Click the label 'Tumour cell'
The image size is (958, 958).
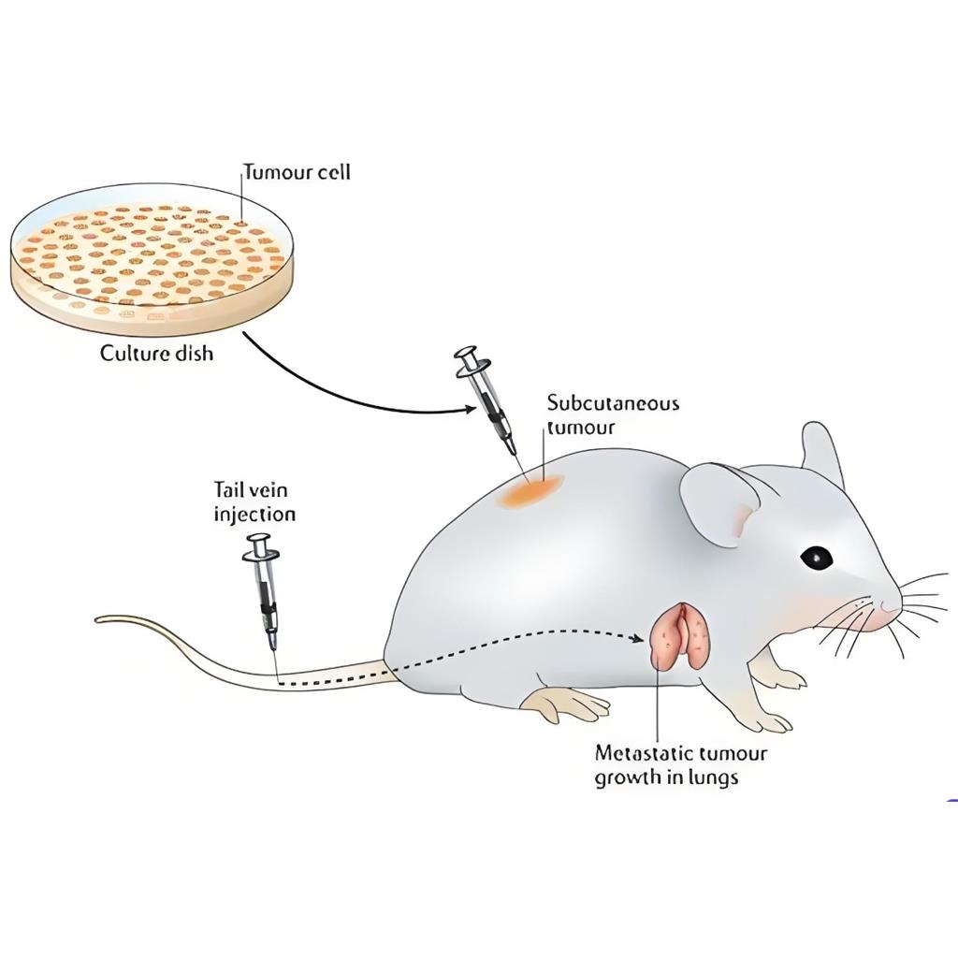(298, 172)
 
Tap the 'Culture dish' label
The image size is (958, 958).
(157, 354)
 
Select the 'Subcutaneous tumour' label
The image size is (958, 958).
(613, 415)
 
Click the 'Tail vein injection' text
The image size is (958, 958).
(254, 501)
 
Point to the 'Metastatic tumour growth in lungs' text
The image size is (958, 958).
(680, 764)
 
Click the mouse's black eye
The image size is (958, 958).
(816, 558)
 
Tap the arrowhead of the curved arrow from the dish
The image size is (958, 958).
(472, 408)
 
